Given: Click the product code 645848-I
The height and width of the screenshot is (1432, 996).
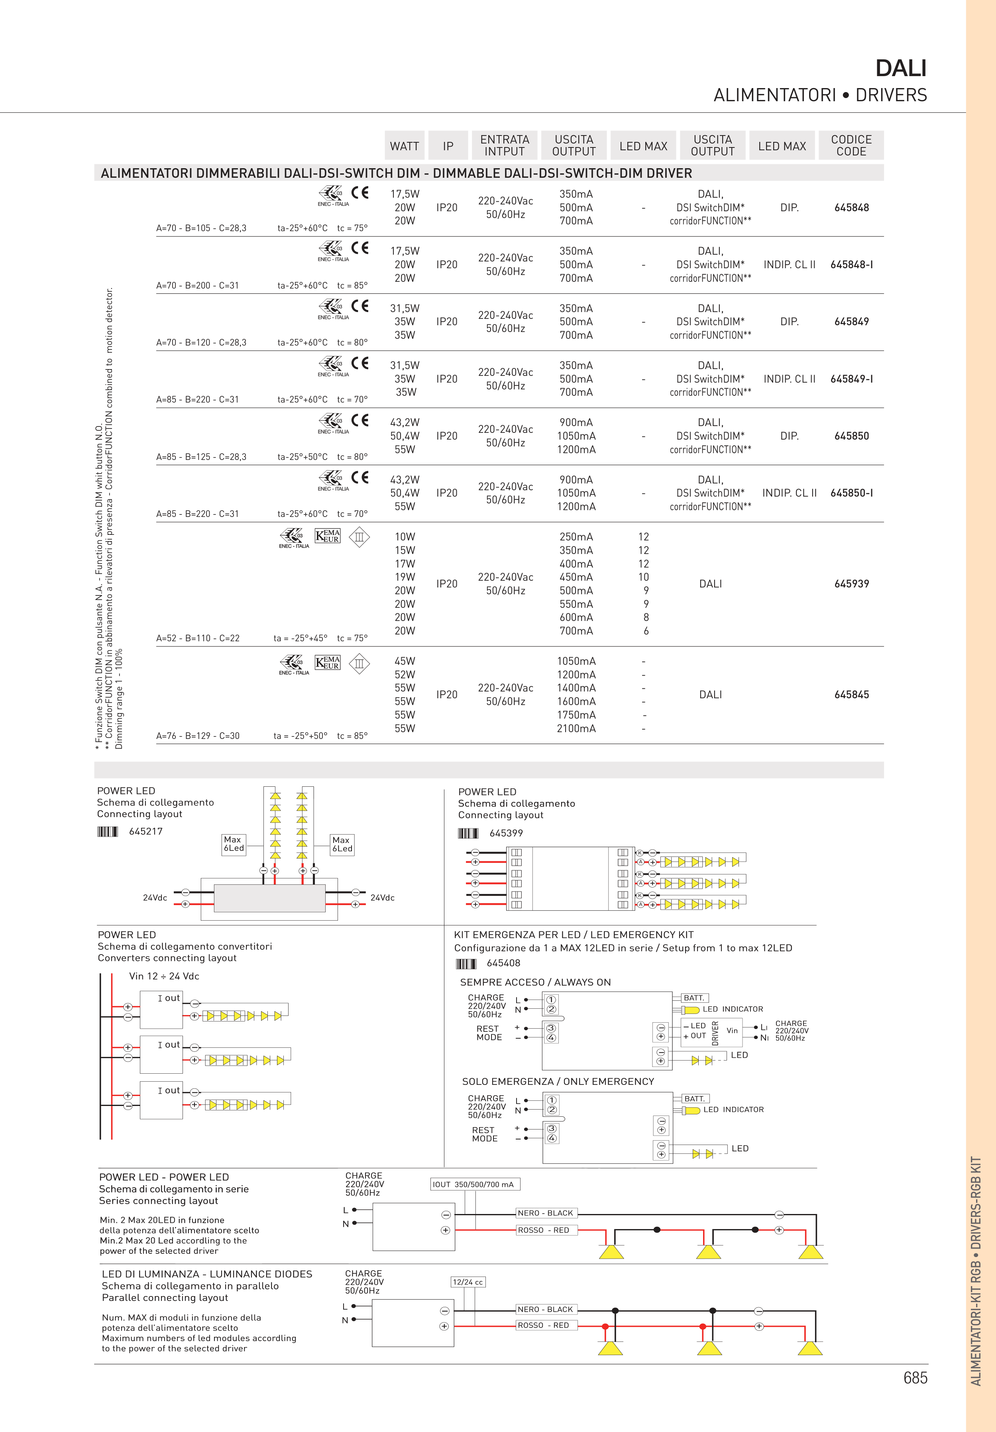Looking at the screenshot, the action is coord(851,265).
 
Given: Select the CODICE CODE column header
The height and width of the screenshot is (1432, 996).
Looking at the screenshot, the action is coord(851,145).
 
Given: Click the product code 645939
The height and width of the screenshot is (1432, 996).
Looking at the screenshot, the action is coord(851,584).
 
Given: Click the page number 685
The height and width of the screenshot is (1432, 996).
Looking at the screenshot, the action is coord(915,1378).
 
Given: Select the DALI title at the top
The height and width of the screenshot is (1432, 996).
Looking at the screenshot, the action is coord(901,68).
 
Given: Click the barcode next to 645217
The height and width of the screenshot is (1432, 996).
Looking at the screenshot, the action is coord(107,831).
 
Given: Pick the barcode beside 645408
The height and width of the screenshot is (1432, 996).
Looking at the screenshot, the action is coord(466,964).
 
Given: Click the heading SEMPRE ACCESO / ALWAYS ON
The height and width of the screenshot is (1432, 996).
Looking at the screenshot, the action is coord(535,982).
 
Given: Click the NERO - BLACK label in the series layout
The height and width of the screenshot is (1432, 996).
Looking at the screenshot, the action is coord(545,1213).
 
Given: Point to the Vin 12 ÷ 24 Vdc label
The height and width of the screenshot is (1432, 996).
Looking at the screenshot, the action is coord(164,976).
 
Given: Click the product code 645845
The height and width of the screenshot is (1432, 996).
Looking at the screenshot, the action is coord(851,695).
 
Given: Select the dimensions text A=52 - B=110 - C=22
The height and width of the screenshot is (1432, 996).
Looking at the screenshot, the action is coord(198,638).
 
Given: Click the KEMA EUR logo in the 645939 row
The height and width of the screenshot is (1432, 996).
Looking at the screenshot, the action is coord(328,536).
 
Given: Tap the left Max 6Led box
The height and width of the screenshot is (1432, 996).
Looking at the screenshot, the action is coord(234,844).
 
